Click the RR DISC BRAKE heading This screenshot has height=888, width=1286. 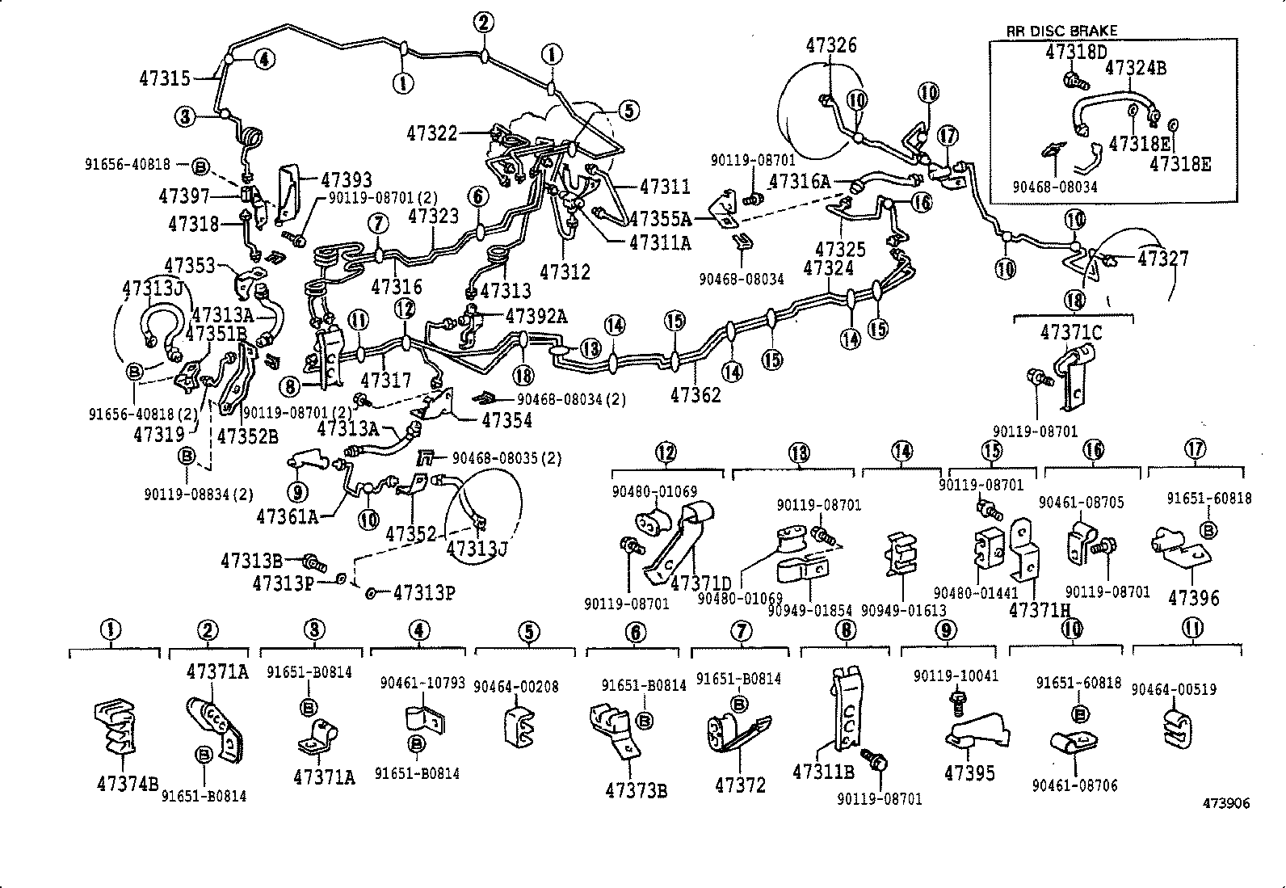[x=1061, y=31]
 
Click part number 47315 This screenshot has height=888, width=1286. [x=165, y=78]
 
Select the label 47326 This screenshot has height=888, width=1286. [x=830, y=45]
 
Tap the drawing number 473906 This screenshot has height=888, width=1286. [x=1225, y=803]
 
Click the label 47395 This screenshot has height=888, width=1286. [x=969, y=772]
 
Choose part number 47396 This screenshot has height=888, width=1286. [x=1193, y=598]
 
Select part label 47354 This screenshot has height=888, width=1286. [x=506, y=420]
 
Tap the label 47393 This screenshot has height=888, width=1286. [x=347, y=180]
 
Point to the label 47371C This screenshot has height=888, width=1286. [x=1071, y=332]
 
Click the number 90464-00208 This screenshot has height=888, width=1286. [x=515, y=687]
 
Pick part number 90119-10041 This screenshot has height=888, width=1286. [x=956, y=675]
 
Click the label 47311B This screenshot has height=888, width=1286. [x=823, y=771]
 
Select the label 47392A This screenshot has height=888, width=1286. [x=536, y=317]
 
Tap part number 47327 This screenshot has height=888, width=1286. [x=1162, y=259]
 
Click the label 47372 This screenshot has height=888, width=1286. [x=740, y=784]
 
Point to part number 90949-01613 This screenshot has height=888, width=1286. [x=903, y=610]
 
